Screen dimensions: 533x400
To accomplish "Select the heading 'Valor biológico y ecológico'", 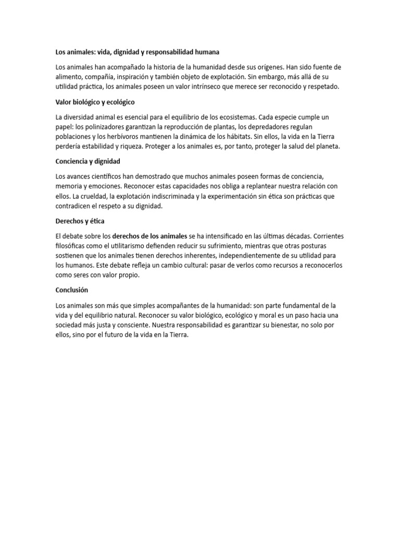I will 95,102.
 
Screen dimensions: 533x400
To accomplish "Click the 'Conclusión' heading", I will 72,290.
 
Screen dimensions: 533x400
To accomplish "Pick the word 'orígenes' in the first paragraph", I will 269,67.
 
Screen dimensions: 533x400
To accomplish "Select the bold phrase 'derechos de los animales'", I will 149,236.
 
